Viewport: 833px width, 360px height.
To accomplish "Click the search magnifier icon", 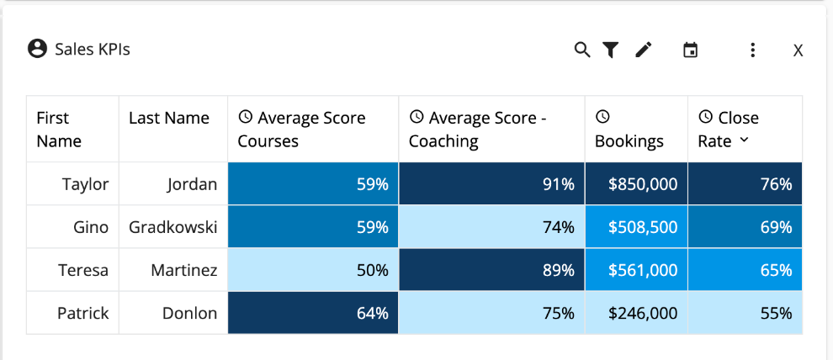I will pyautogui.click(x=582, y=50).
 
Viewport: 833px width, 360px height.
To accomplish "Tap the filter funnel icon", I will pyautogui.click(x=611, y=50).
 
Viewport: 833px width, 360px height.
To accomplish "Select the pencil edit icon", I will pyautogui.click(x=644, y=50).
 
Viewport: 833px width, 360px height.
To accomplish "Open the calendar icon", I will pyautogui.click(x=690, y=50).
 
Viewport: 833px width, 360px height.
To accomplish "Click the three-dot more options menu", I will pyautogui.click(x=753, y=50).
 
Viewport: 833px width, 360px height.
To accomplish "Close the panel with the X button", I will pyautogui.click(x=798, y=51).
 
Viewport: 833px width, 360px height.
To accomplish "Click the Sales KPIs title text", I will pyautogui.click(x=93, y=50).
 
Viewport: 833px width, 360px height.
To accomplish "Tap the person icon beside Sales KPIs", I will pyautogui.click(x=37, y=49).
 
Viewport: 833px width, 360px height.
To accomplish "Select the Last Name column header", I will pyautogui.click(x=169, y=119).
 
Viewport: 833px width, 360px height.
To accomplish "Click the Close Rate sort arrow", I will pyautogui.click(x=744, y=140).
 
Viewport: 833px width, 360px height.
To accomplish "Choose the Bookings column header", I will pyautogui.click(x=629, y=140).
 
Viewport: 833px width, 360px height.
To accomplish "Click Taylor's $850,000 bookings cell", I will pyautogui.click(x=636, y=184).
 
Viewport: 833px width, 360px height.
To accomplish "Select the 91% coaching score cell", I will pyautogui.click(x=491, y=184).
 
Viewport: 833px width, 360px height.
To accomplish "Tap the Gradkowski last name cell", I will pyautogui.click(x=172, y=227).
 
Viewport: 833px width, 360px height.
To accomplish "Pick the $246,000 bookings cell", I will pyautogui.click(x=636, y=314).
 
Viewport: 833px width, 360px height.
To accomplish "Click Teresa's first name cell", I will pyautogui.click(x=82, y=271).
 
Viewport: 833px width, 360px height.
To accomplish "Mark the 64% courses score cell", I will pyautogui.click(x=313, y=314).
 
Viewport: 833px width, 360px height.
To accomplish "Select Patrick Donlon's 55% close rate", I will pyautogui.click(x=745, y=314).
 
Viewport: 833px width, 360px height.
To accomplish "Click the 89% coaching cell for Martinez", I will pyautogui.click(x=491, y=271).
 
